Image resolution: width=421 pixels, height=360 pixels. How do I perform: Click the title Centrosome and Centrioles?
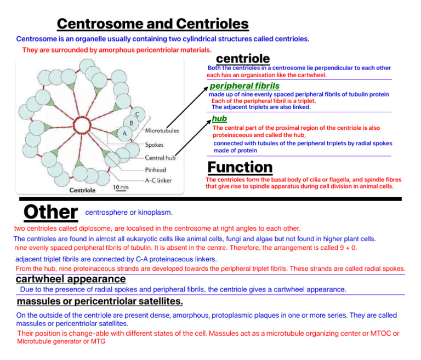(x=152, y=24)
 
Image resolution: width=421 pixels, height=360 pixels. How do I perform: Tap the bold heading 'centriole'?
(x=243, y=59)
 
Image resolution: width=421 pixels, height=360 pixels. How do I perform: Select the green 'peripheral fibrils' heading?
(x=244, y=86)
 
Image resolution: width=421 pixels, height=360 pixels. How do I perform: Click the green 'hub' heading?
(x=219, y=118)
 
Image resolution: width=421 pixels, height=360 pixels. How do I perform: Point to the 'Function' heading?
(x=240, y=167)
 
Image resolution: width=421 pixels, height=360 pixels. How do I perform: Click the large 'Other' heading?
(x=50, y=212)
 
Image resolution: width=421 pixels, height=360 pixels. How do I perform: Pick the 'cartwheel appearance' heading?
(x=71, y=279)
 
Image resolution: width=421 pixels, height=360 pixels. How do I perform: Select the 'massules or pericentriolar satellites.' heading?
(x=100, y=302)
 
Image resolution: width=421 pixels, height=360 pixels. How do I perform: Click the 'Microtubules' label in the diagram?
(x=162, y=131)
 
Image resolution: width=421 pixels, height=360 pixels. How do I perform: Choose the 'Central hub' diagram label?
(x=160, y=158)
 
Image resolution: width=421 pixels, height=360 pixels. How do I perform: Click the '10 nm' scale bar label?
(x=121, y=187)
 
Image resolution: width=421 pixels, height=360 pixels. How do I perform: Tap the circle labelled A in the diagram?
(x=125, y=133)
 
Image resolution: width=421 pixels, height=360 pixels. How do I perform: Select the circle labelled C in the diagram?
(x=138, y=114)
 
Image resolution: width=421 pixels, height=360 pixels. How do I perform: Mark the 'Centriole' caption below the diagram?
(x=82, y=190)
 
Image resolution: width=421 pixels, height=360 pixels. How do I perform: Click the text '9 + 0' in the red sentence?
(x=346, y=248)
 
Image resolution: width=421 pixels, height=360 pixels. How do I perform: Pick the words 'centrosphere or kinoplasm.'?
(x=129, y=212)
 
